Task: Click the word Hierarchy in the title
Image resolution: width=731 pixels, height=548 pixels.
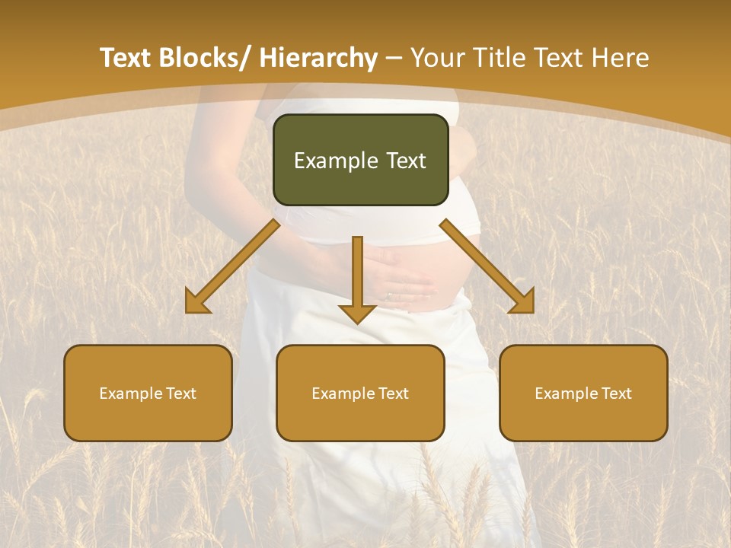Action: coord(318,58)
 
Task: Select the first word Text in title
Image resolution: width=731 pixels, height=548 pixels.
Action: coord(126,58)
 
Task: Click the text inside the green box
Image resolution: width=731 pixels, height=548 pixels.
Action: coord(360,161)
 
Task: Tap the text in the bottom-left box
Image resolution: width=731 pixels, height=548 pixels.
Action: coord(148,393)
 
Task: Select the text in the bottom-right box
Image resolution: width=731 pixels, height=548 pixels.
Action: coord(583,393)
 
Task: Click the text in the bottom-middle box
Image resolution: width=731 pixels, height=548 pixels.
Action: coord(360,393)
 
